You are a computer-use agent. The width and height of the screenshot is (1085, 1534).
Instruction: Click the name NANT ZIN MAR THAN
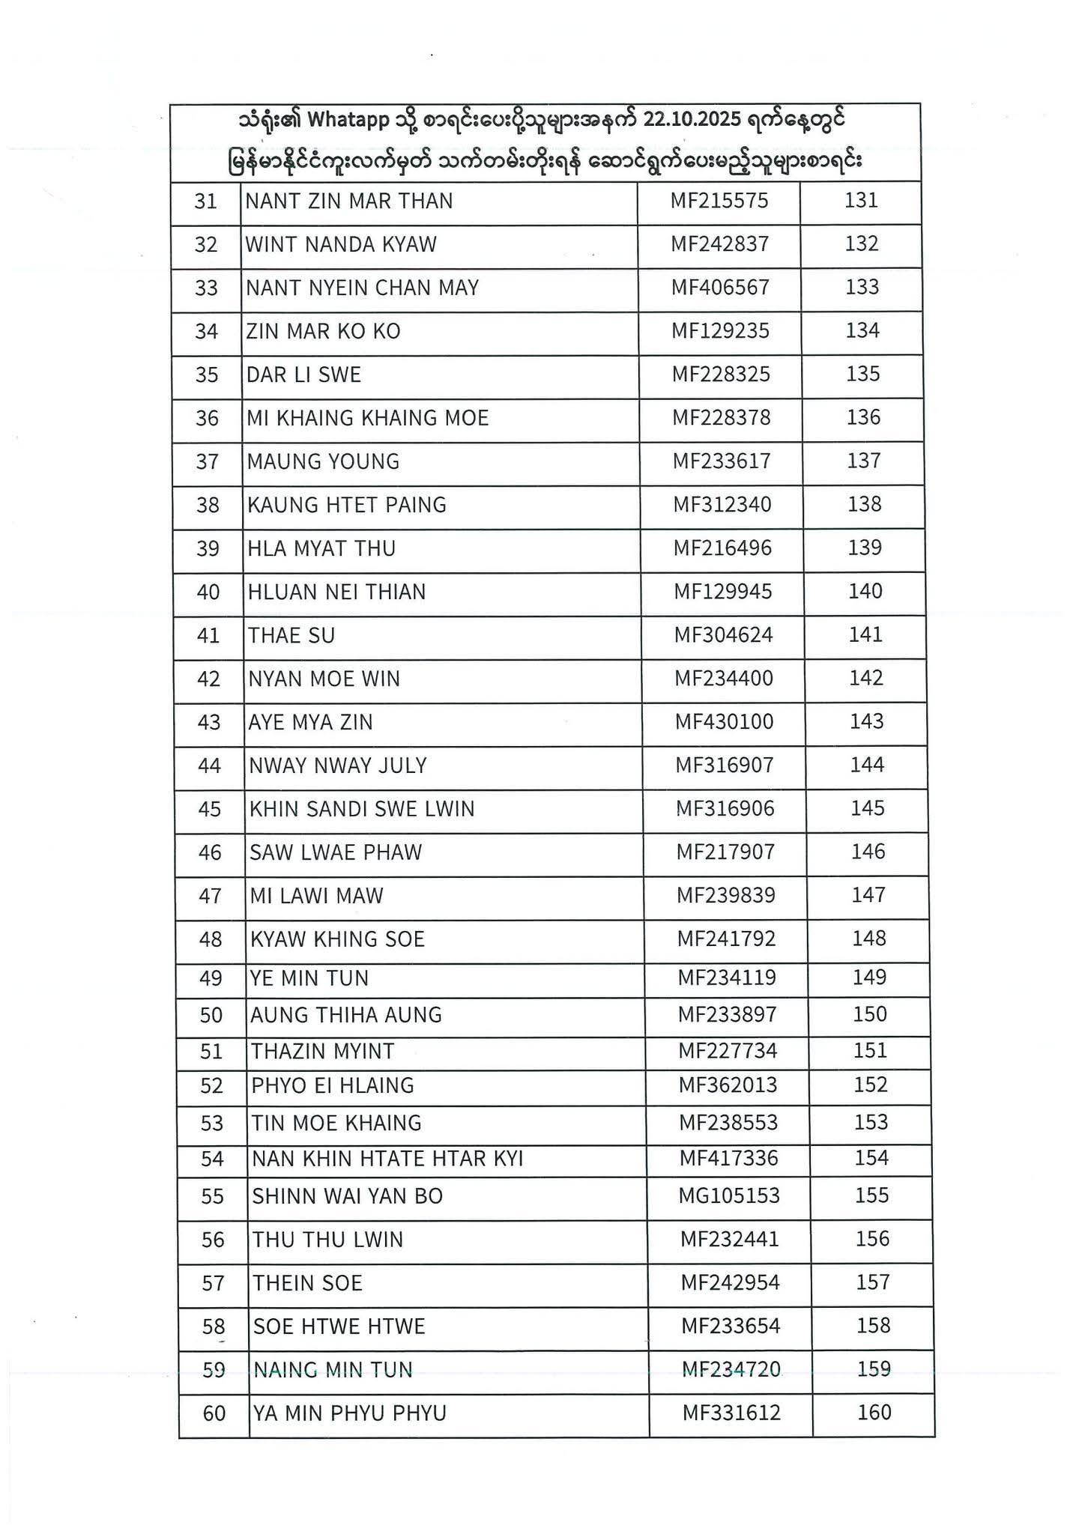(349, 201)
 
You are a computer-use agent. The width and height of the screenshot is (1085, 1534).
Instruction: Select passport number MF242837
(719, 244)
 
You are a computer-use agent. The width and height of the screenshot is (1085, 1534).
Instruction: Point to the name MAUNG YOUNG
(323, 461)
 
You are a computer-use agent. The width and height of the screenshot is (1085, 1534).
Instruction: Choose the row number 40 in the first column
(208, 592)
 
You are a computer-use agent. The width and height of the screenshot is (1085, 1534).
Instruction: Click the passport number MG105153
(729, 1195)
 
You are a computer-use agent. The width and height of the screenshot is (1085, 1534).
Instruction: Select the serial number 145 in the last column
(868, 808)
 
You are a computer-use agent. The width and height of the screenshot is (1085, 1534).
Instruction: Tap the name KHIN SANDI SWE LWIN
(362, 810)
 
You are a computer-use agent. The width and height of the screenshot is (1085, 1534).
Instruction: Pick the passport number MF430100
(725, 722)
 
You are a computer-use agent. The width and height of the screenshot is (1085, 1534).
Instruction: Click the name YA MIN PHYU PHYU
(350, 1413)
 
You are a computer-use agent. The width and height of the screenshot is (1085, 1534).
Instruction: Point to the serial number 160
(874, 1413)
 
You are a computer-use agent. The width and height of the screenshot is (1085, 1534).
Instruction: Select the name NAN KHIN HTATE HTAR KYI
(387, 1159)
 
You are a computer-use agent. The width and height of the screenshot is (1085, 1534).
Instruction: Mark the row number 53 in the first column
(212, 1124)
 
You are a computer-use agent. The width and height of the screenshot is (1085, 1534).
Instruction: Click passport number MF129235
(720, 331)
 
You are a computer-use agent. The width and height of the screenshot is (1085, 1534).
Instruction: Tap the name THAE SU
(291, 636)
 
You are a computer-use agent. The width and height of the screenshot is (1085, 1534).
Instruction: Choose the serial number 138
(865, 504)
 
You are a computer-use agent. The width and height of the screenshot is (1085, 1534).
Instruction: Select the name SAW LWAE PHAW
(336, 852)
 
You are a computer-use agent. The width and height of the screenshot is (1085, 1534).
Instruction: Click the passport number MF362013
(728, 1085)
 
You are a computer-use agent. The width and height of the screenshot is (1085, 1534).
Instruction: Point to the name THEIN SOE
(307, 1284)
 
